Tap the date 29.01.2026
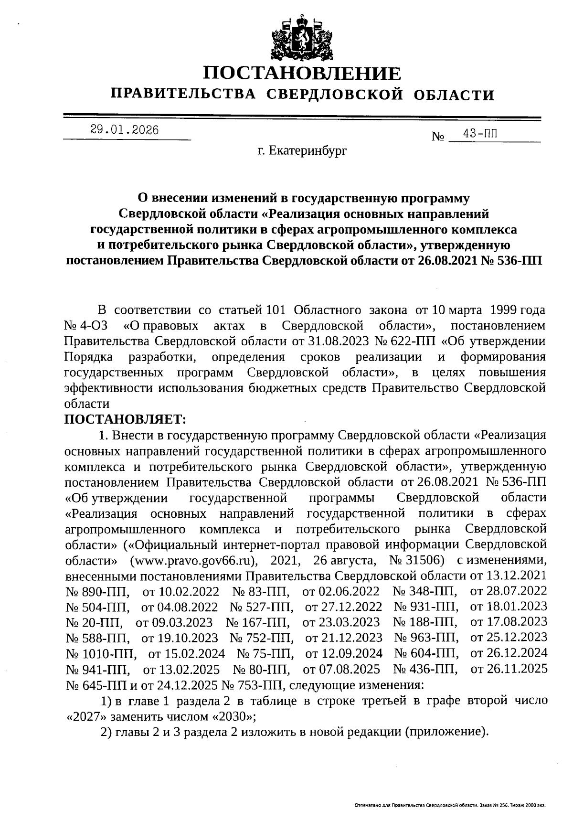(x=125, y=130)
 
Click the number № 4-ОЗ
(x=86, y=326)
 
